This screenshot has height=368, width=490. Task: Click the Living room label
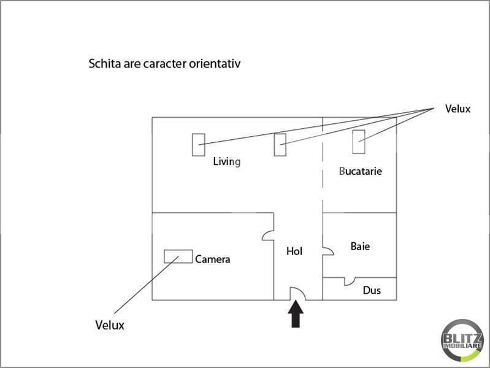(x=226, y=162)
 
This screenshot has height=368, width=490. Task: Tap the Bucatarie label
(x=361, y=171)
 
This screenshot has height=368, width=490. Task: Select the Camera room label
(x=213, y=259)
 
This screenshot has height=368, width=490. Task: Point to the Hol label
(x=294, y=251)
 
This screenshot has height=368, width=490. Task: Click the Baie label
(x=360, y=247)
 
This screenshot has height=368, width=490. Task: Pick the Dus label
(x=372, y=291)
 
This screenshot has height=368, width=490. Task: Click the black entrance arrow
(x=296, y=314)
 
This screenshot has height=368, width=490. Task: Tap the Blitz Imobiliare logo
(x=462, y=341)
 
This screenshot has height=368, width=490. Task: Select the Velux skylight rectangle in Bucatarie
(x=359, y=142)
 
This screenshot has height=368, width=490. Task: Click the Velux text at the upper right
(x=457, y=109)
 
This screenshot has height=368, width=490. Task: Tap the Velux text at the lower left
(x=110, y=325)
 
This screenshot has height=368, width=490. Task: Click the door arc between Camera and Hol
(x=265, y=233)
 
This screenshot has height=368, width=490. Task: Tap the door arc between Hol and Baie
(x=331, y=250)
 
